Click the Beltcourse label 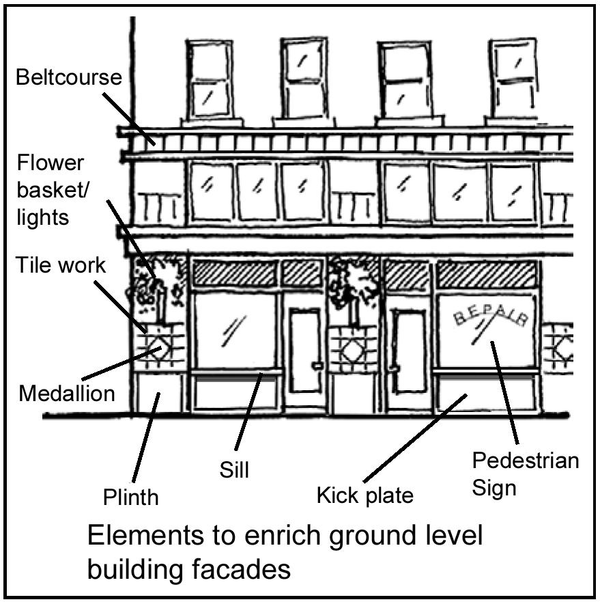click(x=69, y=77)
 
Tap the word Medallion click(x=67, y=394)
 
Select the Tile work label click(x=61, y=265)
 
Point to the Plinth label click(x=131, y=497)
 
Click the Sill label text click(x=234, y=469)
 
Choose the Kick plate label click(x=365, y=495)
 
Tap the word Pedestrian click(x=526, y=460)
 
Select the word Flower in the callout click(x=51, y=163)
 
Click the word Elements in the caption click(x=145, y=535)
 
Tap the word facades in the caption click(x=240, y=569)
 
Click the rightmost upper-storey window click(x=514, y=78)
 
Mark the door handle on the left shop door click(x=317, y=366)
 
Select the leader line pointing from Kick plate click(x=416, y=438)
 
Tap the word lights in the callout click(x=43, y=217)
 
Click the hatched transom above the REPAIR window click(x=487, y=275)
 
